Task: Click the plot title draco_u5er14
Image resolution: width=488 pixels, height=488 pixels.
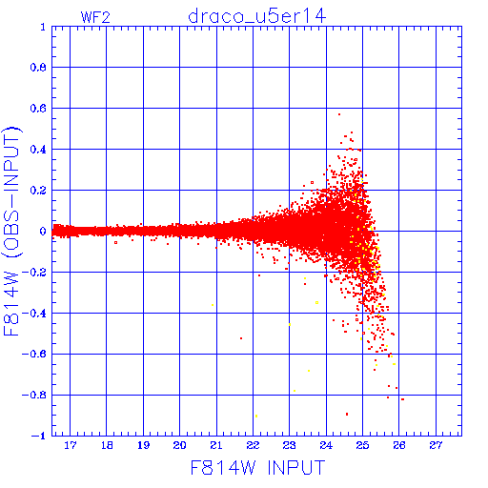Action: tap(257, 16)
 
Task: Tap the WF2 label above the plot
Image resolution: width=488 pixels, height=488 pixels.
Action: tap(95, 17)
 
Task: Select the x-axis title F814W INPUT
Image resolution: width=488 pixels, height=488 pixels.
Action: tap(257, 467)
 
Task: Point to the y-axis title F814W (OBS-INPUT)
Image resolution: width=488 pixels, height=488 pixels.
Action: tap(11, 232)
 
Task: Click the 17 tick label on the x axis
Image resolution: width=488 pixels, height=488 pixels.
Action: tap(71, 445)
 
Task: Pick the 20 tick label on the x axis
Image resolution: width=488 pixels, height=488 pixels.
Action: tap(179, 445)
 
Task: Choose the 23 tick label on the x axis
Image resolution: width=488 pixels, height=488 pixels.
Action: tap(289, 445)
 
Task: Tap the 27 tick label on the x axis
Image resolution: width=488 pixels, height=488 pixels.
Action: tap(436, 445)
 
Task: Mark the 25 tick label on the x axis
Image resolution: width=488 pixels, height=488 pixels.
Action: tap(362, 445)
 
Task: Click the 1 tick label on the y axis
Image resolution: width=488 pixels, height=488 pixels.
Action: tap(43, 27)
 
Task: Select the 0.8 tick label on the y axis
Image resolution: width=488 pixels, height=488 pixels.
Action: tap(38, 68)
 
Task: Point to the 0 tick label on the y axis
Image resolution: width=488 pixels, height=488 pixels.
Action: tap(43, 232)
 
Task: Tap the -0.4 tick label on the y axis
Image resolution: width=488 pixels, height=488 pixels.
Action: tap(34, 314)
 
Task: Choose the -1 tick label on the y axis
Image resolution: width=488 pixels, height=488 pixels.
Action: tap(39, 436)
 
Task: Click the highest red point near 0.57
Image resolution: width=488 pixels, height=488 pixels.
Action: tap(339, 114)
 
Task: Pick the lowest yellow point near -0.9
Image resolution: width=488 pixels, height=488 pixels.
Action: tap(256, 417)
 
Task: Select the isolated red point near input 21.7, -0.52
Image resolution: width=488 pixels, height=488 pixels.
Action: tap(241, 338)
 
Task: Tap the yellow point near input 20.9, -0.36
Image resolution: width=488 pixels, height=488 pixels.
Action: tap(213, 305)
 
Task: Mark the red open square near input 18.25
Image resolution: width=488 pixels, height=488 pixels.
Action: tap(115, 243)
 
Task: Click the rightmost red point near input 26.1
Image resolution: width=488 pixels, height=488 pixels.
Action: tap(403, 399)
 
